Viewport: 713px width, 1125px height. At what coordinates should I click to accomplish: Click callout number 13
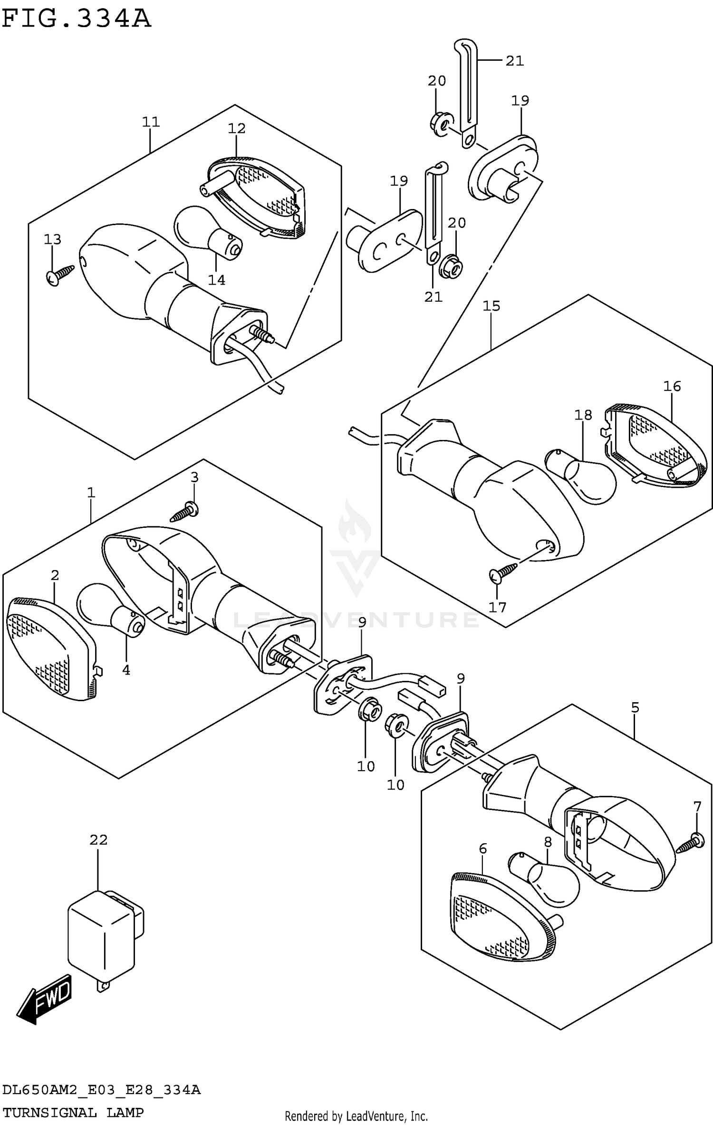53,239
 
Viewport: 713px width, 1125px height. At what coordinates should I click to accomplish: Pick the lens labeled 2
50,648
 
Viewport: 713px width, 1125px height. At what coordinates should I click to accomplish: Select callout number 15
491,306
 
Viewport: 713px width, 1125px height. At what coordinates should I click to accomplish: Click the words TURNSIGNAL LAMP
73,1112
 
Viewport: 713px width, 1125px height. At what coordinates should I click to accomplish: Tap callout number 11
151,122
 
